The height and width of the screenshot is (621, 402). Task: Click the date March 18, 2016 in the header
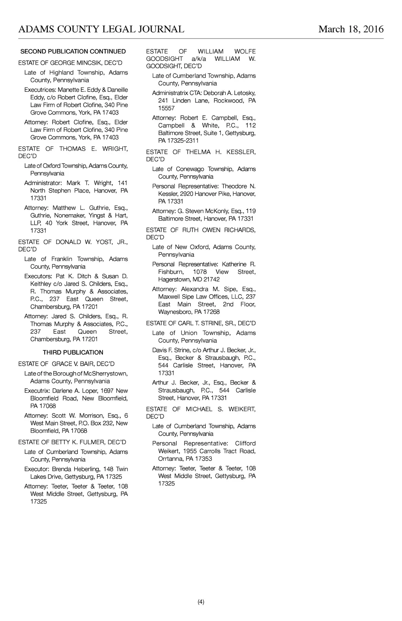(351, 29)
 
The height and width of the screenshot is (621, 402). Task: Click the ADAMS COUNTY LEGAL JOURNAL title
(101, 29)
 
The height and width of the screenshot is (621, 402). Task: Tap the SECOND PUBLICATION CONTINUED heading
(73, 51)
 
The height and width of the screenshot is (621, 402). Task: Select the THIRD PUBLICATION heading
(73, 352)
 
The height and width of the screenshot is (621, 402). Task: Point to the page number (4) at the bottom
(201, 602)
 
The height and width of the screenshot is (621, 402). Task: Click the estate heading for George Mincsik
(70, 63)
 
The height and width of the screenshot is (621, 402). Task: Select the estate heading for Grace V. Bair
(66, 364)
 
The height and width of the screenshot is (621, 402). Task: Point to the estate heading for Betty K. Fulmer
(72, 442)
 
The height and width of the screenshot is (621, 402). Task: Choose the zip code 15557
(166, 108)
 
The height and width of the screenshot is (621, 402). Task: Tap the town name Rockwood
(229, 101)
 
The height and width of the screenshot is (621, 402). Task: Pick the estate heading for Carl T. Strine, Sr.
(201, 323)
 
